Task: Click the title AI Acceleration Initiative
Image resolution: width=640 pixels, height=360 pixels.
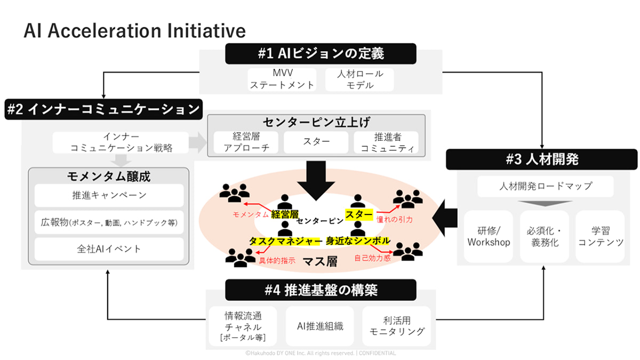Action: (x=134, y=30)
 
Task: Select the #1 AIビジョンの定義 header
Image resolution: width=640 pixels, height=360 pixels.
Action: (x=320, y=54)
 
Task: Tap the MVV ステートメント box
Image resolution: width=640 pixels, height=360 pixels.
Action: (x=282, y=79)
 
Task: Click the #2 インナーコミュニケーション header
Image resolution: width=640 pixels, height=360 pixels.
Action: (x=103, y=110)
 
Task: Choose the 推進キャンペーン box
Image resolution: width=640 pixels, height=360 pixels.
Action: (x=109, y=195)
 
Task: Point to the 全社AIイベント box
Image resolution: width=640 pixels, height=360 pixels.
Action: (x=109, y=249)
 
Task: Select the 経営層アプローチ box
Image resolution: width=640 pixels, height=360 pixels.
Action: (x=244, y=142)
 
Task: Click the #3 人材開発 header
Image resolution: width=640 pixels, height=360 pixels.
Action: (x=541, y=159)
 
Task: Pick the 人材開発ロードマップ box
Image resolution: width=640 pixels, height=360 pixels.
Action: (x=545, y=187)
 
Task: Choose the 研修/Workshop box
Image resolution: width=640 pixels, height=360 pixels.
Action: (x=488, y=236)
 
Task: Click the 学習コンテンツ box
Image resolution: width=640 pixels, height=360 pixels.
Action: (x=599, y=236)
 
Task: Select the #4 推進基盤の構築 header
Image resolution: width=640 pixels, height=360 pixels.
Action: (x=321, y=291)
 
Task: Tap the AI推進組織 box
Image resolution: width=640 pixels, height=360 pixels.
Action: (x=320, y=326)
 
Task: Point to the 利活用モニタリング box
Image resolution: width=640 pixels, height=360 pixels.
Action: (x=398, y=326)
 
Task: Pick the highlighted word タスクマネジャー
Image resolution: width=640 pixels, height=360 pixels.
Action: (x=285, y=241)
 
